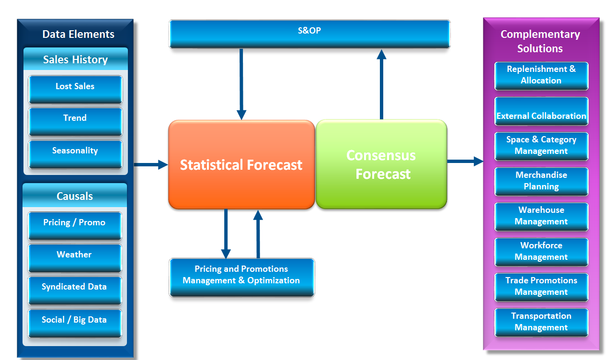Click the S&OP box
[309, 34]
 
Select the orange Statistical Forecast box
[241, 164]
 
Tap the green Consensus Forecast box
[381, 164]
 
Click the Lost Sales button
[75, 90]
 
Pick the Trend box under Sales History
[75, 122]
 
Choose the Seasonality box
[75, 154]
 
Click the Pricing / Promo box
[75, 226]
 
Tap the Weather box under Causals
[75, 258]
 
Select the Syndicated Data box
[75, 290]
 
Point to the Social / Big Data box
[75, 324]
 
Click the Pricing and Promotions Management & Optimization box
[241, 278]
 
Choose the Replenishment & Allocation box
[541, 76]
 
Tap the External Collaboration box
[541, 111]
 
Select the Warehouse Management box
[541, 217]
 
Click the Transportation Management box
[541, 323]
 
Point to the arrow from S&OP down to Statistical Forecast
[241, 84]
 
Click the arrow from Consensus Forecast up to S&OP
[381, 84]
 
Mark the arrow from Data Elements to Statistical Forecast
[151, 164]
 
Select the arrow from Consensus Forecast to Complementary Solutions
[465, 162]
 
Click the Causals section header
[75, 196]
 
